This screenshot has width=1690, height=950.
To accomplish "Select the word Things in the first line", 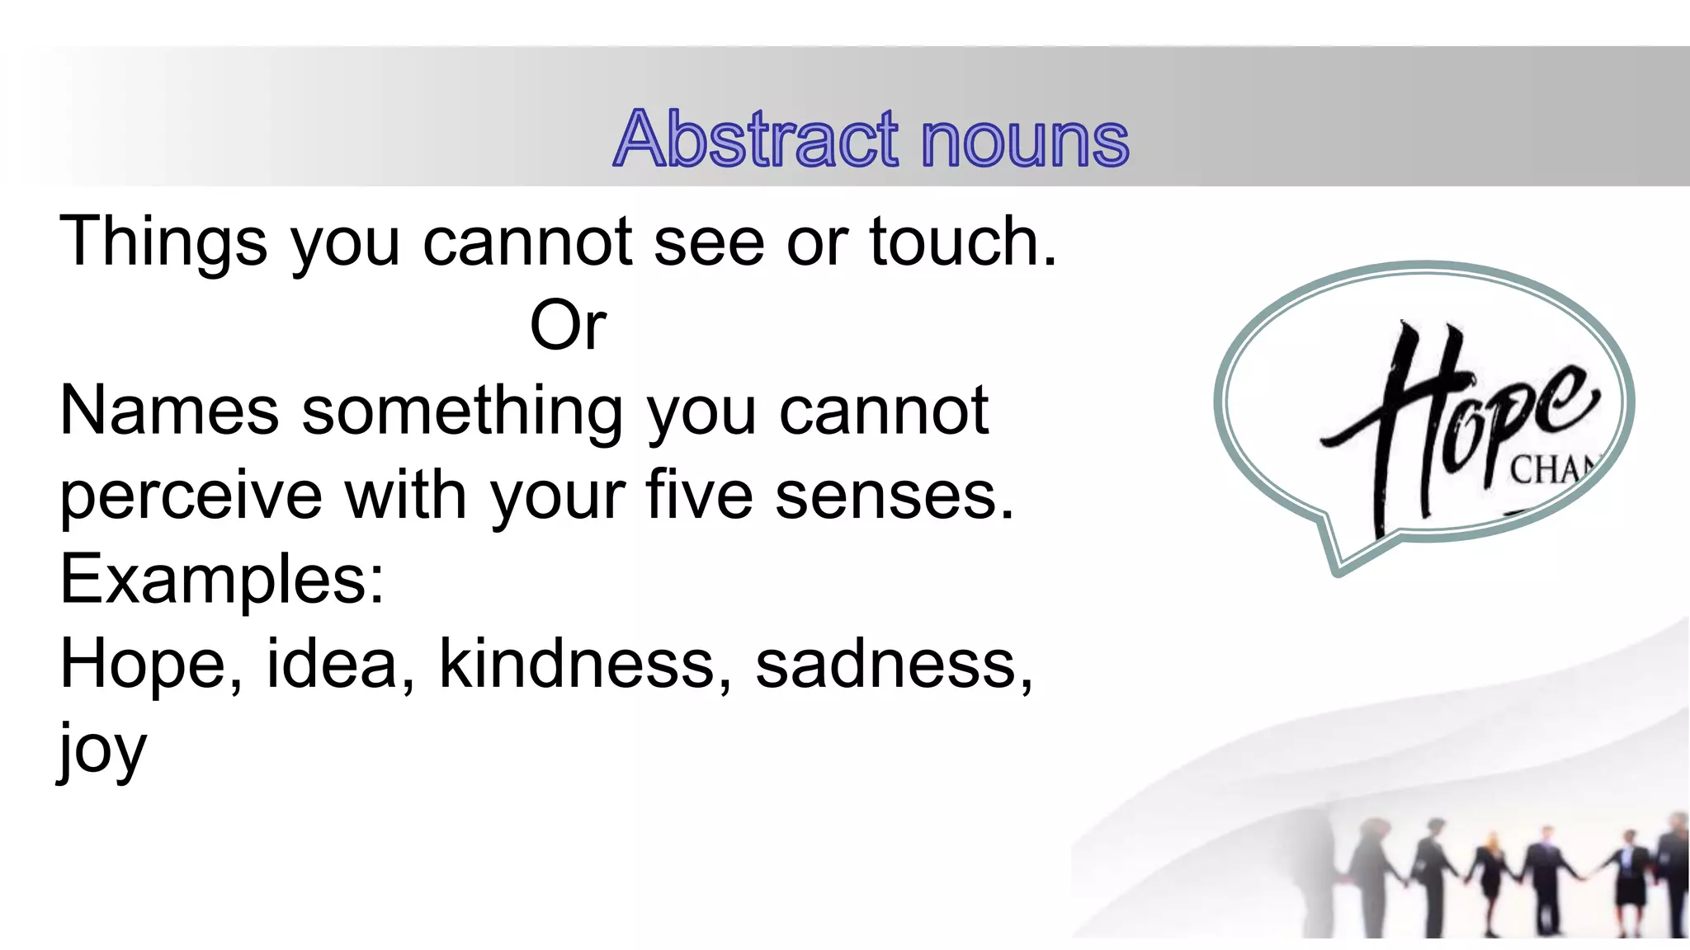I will coord(163,242).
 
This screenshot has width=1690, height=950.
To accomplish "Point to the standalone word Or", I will coord(568,326).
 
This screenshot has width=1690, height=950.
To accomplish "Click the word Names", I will coord(169,411).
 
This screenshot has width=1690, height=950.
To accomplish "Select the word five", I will coord(699,495).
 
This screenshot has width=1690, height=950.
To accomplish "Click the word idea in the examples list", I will coord(333,665).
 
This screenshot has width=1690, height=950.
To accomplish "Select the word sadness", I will coord(887,665).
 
